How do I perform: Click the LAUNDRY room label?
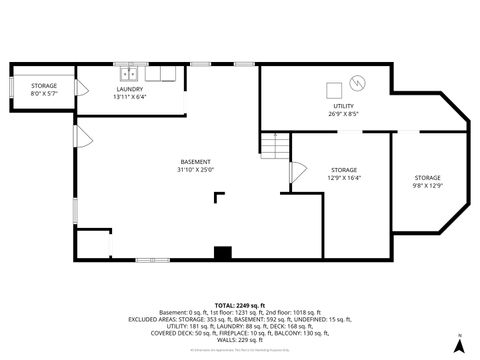130,89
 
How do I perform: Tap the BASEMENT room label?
195,162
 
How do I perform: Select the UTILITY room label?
343,105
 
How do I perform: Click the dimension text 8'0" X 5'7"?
43,93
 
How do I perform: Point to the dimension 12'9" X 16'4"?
344,177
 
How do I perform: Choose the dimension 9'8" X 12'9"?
427,184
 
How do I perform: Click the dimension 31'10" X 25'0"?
195,170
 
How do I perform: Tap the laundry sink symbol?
129,73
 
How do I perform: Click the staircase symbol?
274,147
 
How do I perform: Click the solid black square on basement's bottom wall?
222,253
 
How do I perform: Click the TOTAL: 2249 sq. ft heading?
239,304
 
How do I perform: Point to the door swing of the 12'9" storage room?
296,172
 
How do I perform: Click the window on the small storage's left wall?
11,89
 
